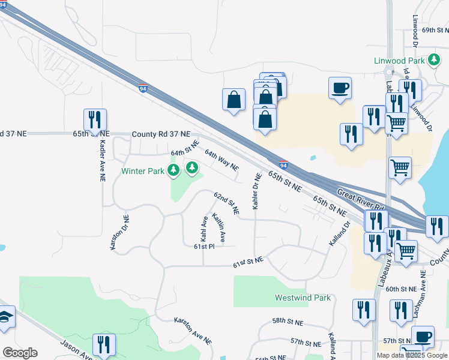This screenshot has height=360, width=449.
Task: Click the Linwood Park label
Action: tap(399, 61)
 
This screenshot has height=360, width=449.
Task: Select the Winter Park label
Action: tap(143, 171)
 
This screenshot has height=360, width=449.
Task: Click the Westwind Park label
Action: tap(303, 298)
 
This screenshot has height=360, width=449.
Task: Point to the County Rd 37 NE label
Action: tap(161, 134)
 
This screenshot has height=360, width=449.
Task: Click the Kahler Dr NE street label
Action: tap(257, 191)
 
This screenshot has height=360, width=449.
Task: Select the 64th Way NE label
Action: tap(221, 160)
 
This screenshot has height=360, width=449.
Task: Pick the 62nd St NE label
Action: tap(227, 203)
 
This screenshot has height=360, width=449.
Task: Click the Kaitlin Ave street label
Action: tap(218, 230)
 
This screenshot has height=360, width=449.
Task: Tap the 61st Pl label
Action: tap(204, 246)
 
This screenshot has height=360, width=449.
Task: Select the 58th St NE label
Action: tap(289, 321)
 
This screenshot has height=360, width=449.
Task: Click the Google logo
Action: tap(20, 353)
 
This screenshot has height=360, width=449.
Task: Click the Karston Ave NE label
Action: tap(193, 331)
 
